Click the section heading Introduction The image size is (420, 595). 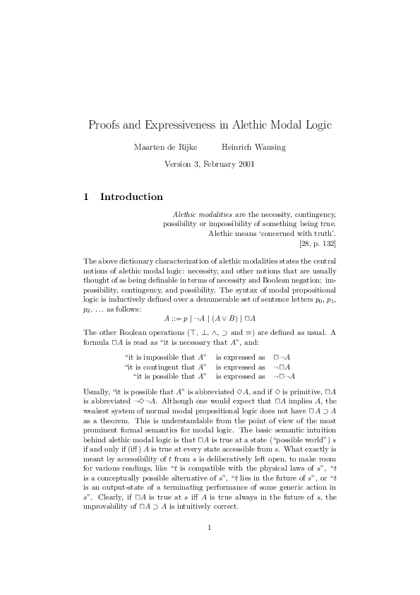[x=132, y=196]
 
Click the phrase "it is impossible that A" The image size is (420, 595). [x=166, y=356]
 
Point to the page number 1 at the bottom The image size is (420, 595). [x=210, y=546]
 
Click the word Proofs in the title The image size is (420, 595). [x=103, y=125]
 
